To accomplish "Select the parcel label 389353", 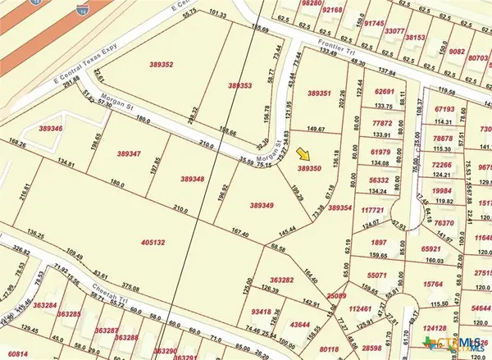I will tap(241, 84).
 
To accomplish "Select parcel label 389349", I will tap(261, 205).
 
